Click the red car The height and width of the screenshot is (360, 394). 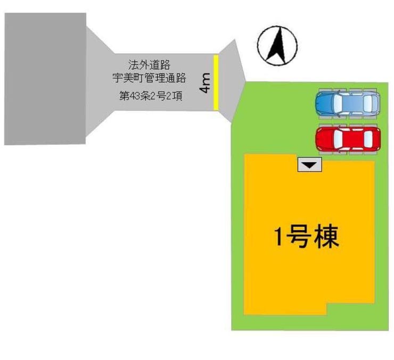[347, 139]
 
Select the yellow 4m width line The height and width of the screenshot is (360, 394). [216, 83]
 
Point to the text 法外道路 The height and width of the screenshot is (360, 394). [149, 65]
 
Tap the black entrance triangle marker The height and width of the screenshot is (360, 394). [310, 166]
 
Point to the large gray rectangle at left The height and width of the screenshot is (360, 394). [45, 79]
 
